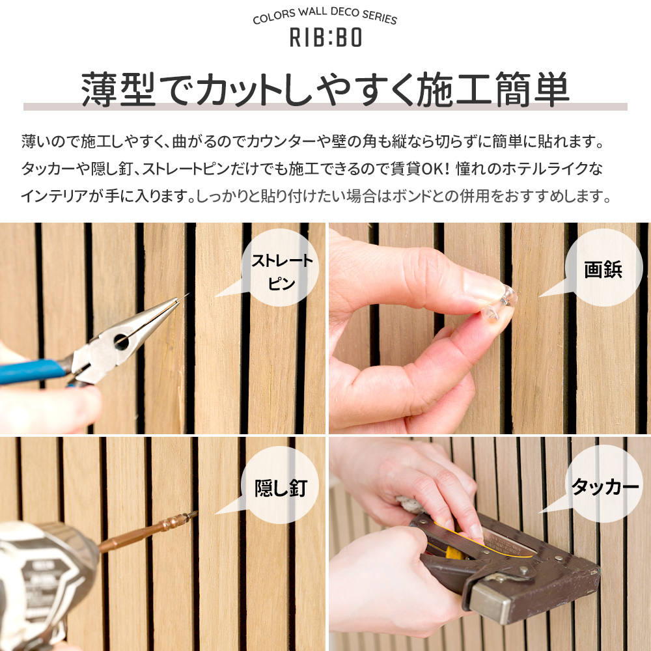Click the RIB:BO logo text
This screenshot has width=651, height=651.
(325, 37)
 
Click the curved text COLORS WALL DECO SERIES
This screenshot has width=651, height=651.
(325, 16)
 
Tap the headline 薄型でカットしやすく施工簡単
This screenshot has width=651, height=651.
(325, 90)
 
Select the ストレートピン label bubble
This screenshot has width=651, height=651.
(281, 268)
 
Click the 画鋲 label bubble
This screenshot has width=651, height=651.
(603, 268)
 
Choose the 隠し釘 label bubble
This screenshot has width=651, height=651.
(281, 486)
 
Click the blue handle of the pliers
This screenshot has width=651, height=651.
(31, 371)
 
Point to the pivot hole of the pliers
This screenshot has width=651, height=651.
(121, 341)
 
